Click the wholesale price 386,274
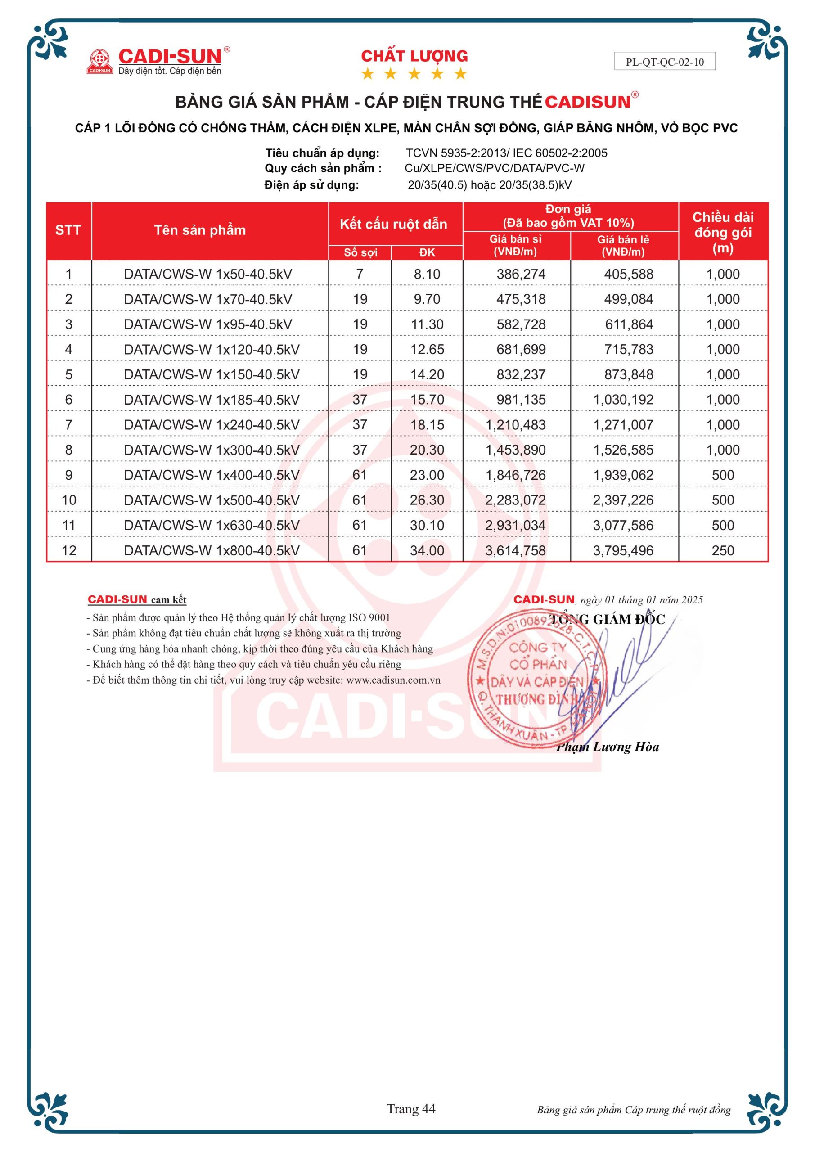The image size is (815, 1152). (521, 274)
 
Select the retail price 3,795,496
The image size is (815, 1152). (623, 550)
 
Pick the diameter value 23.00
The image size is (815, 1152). (427, 475)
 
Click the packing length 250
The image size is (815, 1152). (723, 550)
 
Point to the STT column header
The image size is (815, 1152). (68, 230)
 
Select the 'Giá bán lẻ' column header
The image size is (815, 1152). (623, 245)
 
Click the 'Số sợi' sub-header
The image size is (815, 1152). (360, 252)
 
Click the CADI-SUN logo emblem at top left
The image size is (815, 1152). (99, 61)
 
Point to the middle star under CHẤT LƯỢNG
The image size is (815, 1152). (414, 74)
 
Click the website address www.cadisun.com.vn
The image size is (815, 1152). (393, 680)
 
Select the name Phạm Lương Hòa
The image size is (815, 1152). (607, 747)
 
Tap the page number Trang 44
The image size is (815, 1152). (411, 1109)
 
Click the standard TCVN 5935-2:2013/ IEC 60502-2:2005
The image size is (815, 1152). (506, 153)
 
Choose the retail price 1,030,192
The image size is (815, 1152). (623, 400)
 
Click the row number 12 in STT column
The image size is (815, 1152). (69, 550)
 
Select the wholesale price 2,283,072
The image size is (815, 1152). (515, 500)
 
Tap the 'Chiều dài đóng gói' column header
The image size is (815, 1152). (723, 232)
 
